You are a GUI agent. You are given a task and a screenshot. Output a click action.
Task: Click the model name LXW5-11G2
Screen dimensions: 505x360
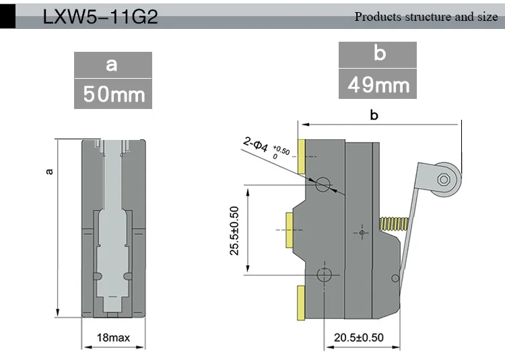pos(100,17)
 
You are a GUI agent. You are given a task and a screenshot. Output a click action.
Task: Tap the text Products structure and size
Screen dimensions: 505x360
pos(426,17)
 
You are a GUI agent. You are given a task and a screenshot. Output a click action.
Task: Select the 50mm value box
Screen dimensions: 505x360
pos(113,94)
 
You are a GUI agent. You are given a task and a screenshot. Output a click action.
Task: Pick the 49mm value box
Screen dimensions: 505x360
pos(378,84)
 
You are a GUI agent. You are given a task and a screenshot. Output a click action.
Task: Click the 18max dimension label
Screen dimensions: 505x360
pos(113,338)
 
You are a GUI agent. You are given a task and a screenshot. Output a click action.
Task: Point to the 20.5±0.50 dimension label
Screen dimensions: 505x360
pos(359,338)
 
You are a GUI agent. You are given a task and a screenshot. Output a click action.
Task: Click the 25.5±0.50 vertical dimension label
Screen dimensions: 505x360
pos(234,231)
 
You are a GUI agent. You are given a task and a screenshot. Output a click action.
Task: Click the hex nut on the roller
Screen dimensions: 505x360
pos(444,179)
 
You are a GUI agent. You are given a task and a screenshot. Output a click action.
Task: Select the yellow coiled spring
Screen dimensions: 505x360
pos(394,224)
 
